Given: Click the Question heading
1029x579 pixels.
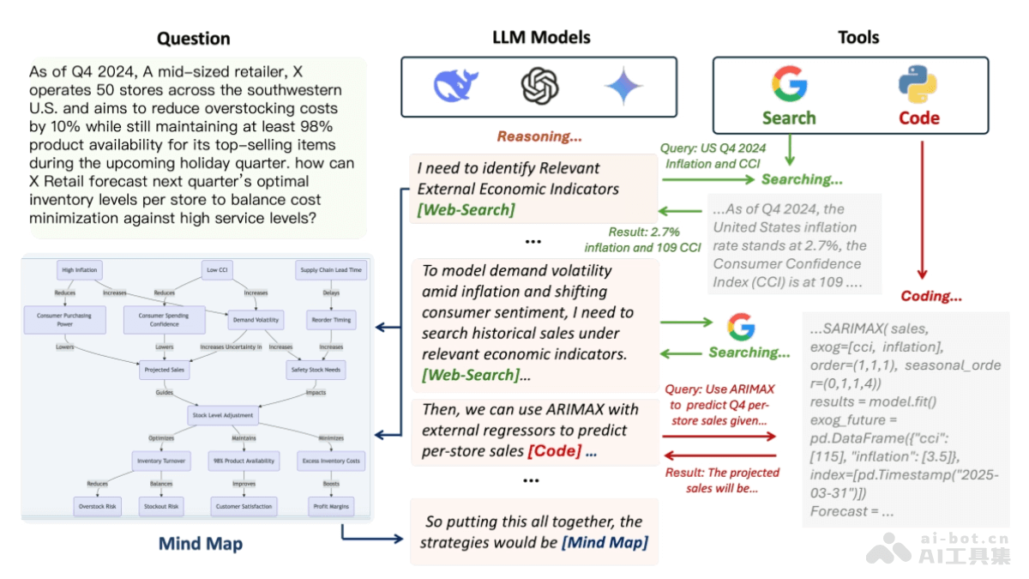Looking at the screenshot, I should point(194,39).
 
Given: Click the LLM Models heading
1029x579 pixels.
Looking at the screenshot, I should point(541,38).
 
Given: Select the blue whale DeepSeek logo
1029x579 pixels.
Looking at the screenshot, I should point(456,87).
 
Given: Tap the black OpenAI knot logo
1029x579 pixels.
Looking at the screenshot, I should point(540,87).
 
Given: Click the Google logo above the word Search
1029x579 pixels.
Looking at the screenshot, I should point(789,84).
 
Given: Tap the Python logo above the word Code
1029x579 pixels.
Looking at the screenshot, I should point(918,85).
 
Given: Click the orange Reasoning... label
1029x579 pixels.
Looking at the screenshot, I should point(539,136).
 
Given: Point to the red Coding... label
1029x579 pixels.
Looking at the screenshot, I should point(932,296).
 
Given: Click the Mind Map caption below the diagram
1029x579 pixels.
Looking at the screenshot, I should point(201,544).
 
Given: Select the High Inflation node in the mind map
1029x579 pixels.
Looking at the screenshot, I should point(80,270).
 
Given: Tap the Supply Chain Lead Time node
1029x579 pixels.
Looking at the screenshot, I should point(330,270).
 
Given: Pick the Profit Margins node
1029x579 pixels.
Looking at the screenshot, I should point(330,506).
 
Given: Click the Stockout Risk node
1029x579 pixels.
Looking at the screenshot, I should point(161,506).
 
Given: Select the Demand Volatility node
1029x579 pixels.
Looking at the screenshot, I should point(256,320).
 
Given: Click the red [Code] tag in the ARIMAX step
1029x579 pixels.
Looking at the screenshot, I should point(554,450).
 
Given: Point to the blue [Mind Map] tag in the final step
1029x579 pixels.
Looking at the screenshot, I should point(605,542).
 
